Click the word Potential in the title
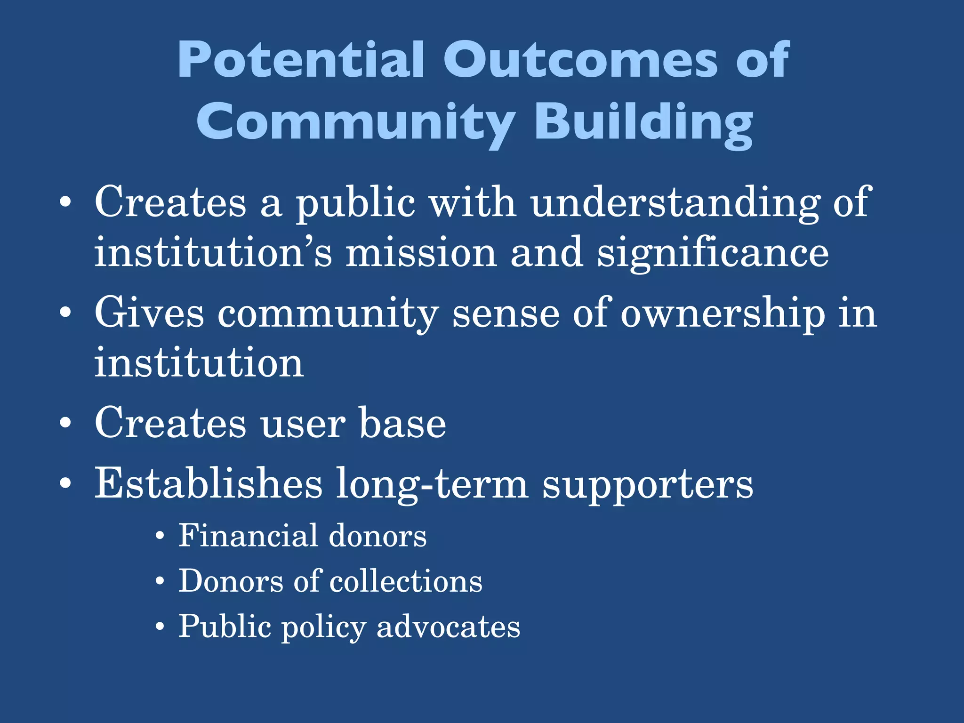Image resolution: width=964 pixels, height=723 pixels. pyautogui.click(x=301, y=60)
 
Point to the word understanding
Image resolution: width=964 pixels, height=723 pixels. pyautogui.click(x=675, y=203)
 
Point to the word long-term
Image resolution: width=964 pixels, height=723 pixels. pyautogui.click(x=432, y=485)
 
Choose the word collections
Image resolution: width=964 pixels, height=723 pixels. pyautogui.click(x=406, y=581)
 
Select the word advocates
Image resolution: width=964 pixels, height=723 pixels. pyautogui.click(x=448, y=627)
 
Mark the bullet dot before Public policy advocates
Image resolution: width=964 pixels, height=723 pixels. pyautogui.click(x=161, y=627)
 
